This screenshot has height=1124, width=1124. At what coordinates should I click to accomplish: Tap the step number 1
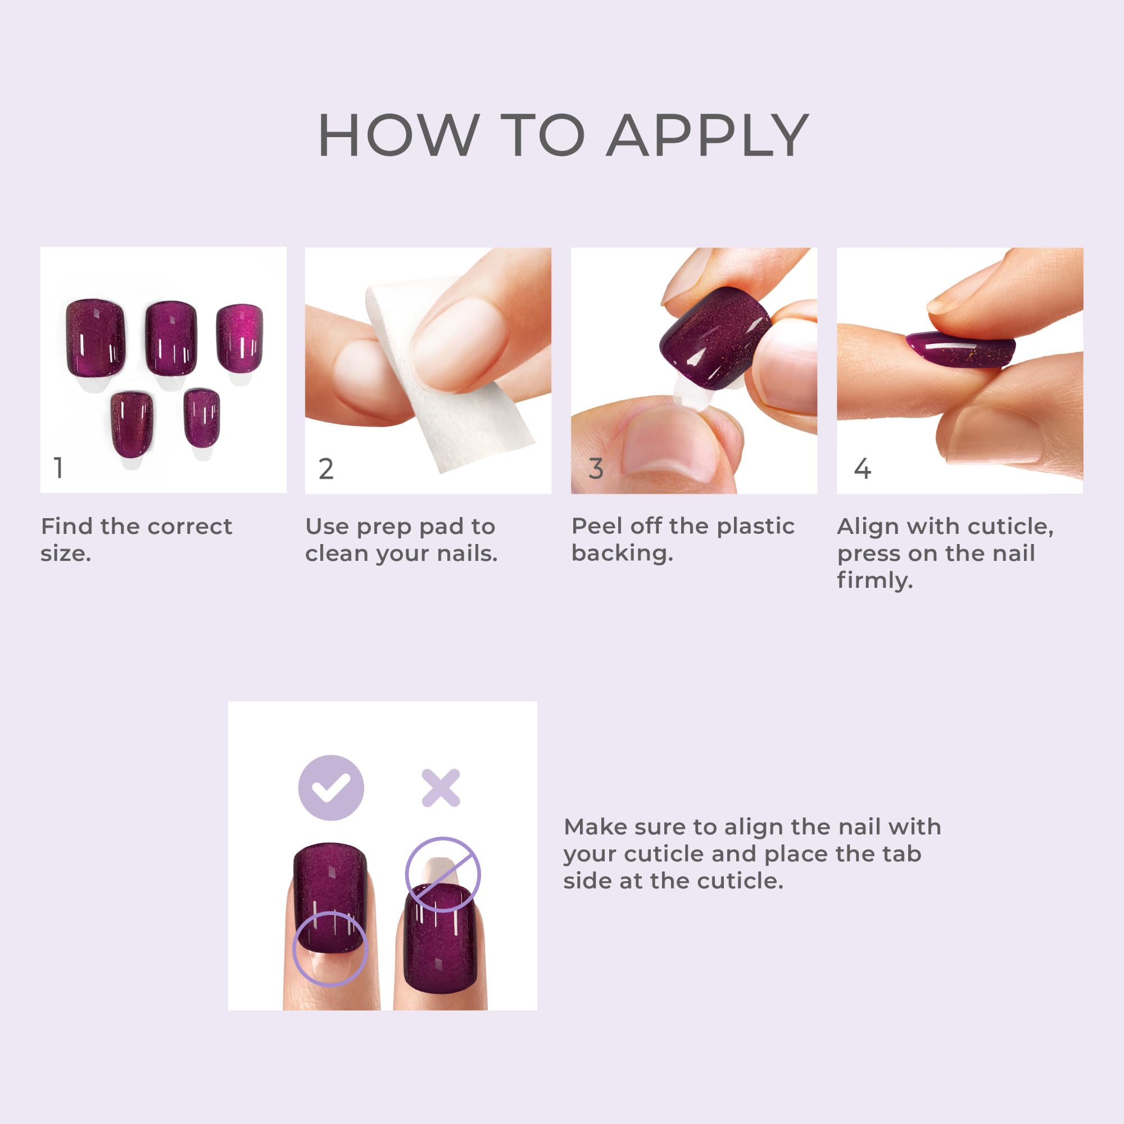point(58,468)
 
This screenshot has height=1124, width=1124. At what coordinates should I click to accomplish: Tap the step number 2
point(326,469)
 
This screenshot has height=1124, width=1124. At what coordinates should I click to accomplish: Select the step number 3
point(596,469)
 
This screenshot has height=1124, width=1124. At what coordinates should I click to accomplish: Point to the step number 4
point(862,469)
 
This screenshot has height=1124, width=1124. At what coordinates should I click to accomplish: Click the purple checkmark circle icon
point(331,788)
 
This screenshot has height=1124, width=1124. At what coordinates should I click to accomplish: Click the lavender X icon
point(441,788)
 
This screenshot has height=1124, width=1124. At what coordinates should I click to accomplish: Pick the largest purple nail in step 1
point(96,338)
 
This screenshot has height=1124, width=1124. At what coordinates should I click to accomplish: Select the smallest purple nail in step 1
point(202,418)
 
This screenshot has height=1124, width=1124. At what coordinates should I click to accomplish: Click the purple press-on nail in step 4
point(960,349)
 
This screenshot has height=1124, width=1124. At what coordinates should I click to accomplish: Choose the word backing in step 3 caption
point(622,552)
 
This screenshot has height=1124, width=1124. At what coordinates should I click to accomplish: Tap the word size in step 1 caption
point(65,553)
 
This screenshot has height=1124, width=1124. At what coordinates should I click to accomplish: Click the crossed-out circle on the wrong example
point(443,874)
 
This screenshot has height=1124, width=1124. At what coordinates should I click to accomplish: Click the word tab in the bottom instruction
point(902,854)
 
